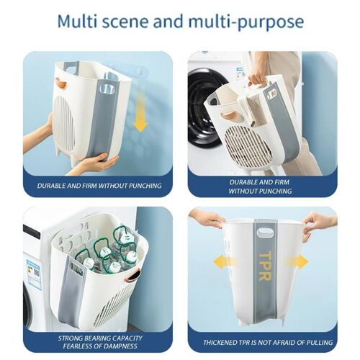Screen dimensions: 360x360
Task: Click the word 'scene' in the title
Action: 125,22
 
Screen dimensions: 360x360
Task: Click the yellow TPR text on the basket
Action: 265,266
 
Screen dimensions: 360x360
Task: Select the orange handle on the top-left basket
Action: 60,82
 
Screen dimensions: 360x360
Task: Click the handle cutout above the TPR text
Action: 265,233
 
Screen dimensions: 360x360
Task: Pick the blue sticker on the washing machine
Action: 33,272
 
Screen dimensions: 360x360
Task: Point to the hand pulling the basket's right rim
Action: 319,225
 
